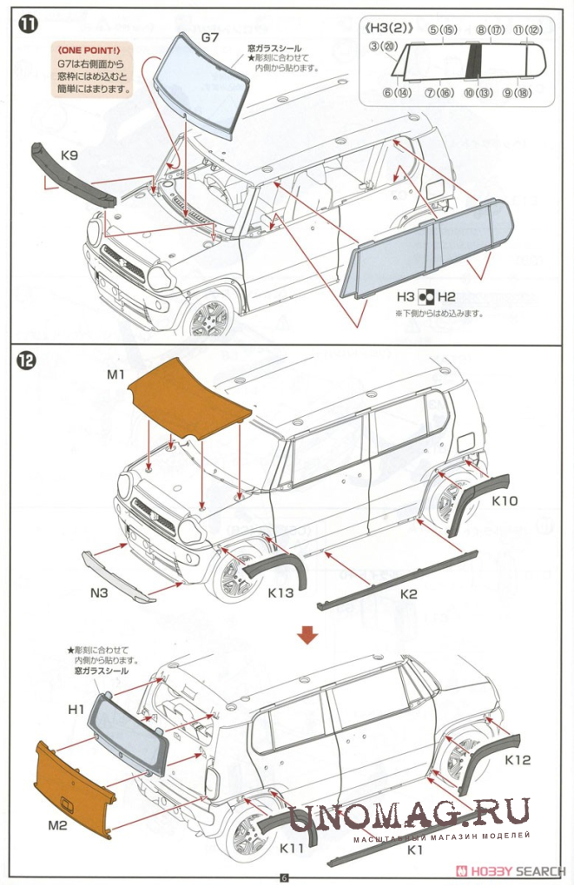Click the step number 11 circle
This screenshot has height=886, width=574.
28,23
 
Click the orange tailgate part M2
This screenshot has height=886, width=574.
73,787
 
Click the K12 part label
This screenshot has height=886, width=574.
518,759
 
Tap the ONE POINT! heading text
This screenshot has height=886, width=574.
89,50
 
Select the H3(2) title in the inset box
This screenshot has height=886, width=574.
391,29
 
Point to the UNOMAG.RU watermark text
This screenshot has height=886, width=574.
408,814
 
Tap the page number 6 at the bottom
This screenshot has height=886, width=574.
283,876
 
